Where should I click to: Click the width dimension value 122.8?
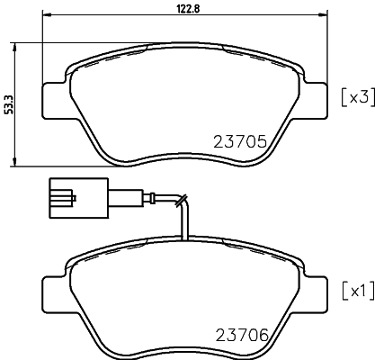point(184,8)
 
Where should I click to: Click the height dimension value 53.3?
point(9,103)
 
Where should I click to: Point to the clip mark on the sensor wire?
point(183,200)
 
